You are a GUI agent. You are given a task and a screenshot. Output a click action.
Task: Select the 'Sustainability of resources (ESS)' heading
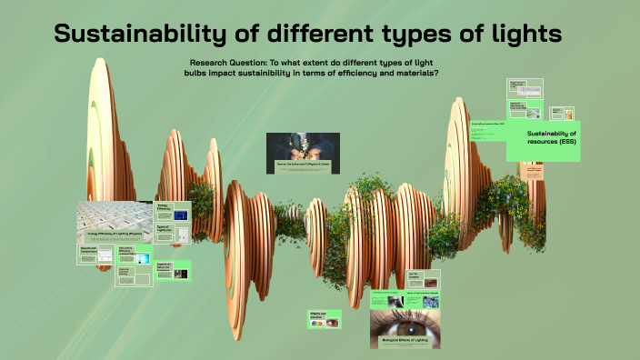(x=551, y=138)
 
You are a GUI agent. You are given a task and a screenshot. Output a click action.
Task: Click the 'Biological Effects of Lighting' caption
(x=406, y=342)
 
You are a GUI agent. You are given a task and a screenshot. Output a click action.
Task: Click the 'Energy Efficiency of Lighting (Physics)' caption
(x=114, y=235)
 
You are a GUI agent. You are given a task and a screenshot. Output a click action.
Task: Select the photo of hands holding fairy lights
(x=303, y=146)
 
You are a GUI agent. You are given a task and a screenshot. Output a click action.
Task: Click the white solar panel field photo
(x=114, y=215)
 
